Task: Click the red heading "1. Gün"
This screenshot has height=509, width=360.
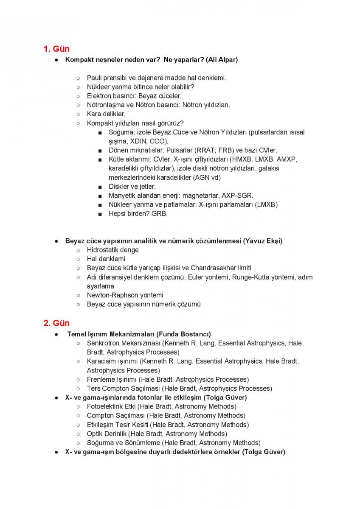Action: click(x=56, y=49)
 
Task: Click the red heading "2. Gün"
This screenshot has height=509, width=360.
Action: click(x=56, y=323)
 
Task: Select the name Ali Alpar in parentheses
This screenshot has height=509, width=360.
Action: click(x=222, y=60)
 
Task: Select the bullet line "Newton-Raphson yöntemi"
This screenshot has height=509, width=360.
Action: click(x=125, y=295)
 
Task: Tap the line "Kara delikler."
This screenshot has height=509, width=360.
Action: click(x=106, y=114)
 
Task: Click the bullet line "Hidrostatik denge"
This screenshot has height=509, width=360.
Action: click(x=112, y=250)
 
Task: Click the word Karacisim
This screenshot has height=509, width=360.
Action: click(x=101, y=361)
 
